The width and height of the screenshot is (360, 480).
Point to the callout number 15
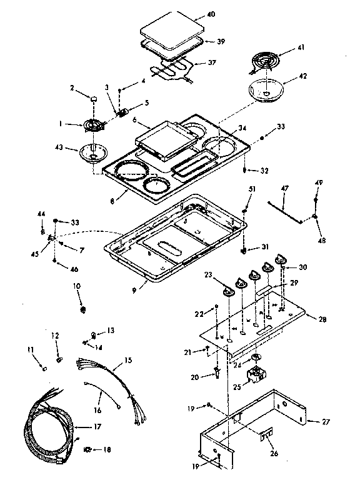click(128, 361)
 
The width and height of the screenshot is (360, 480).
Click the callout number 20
click(196, 377)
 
